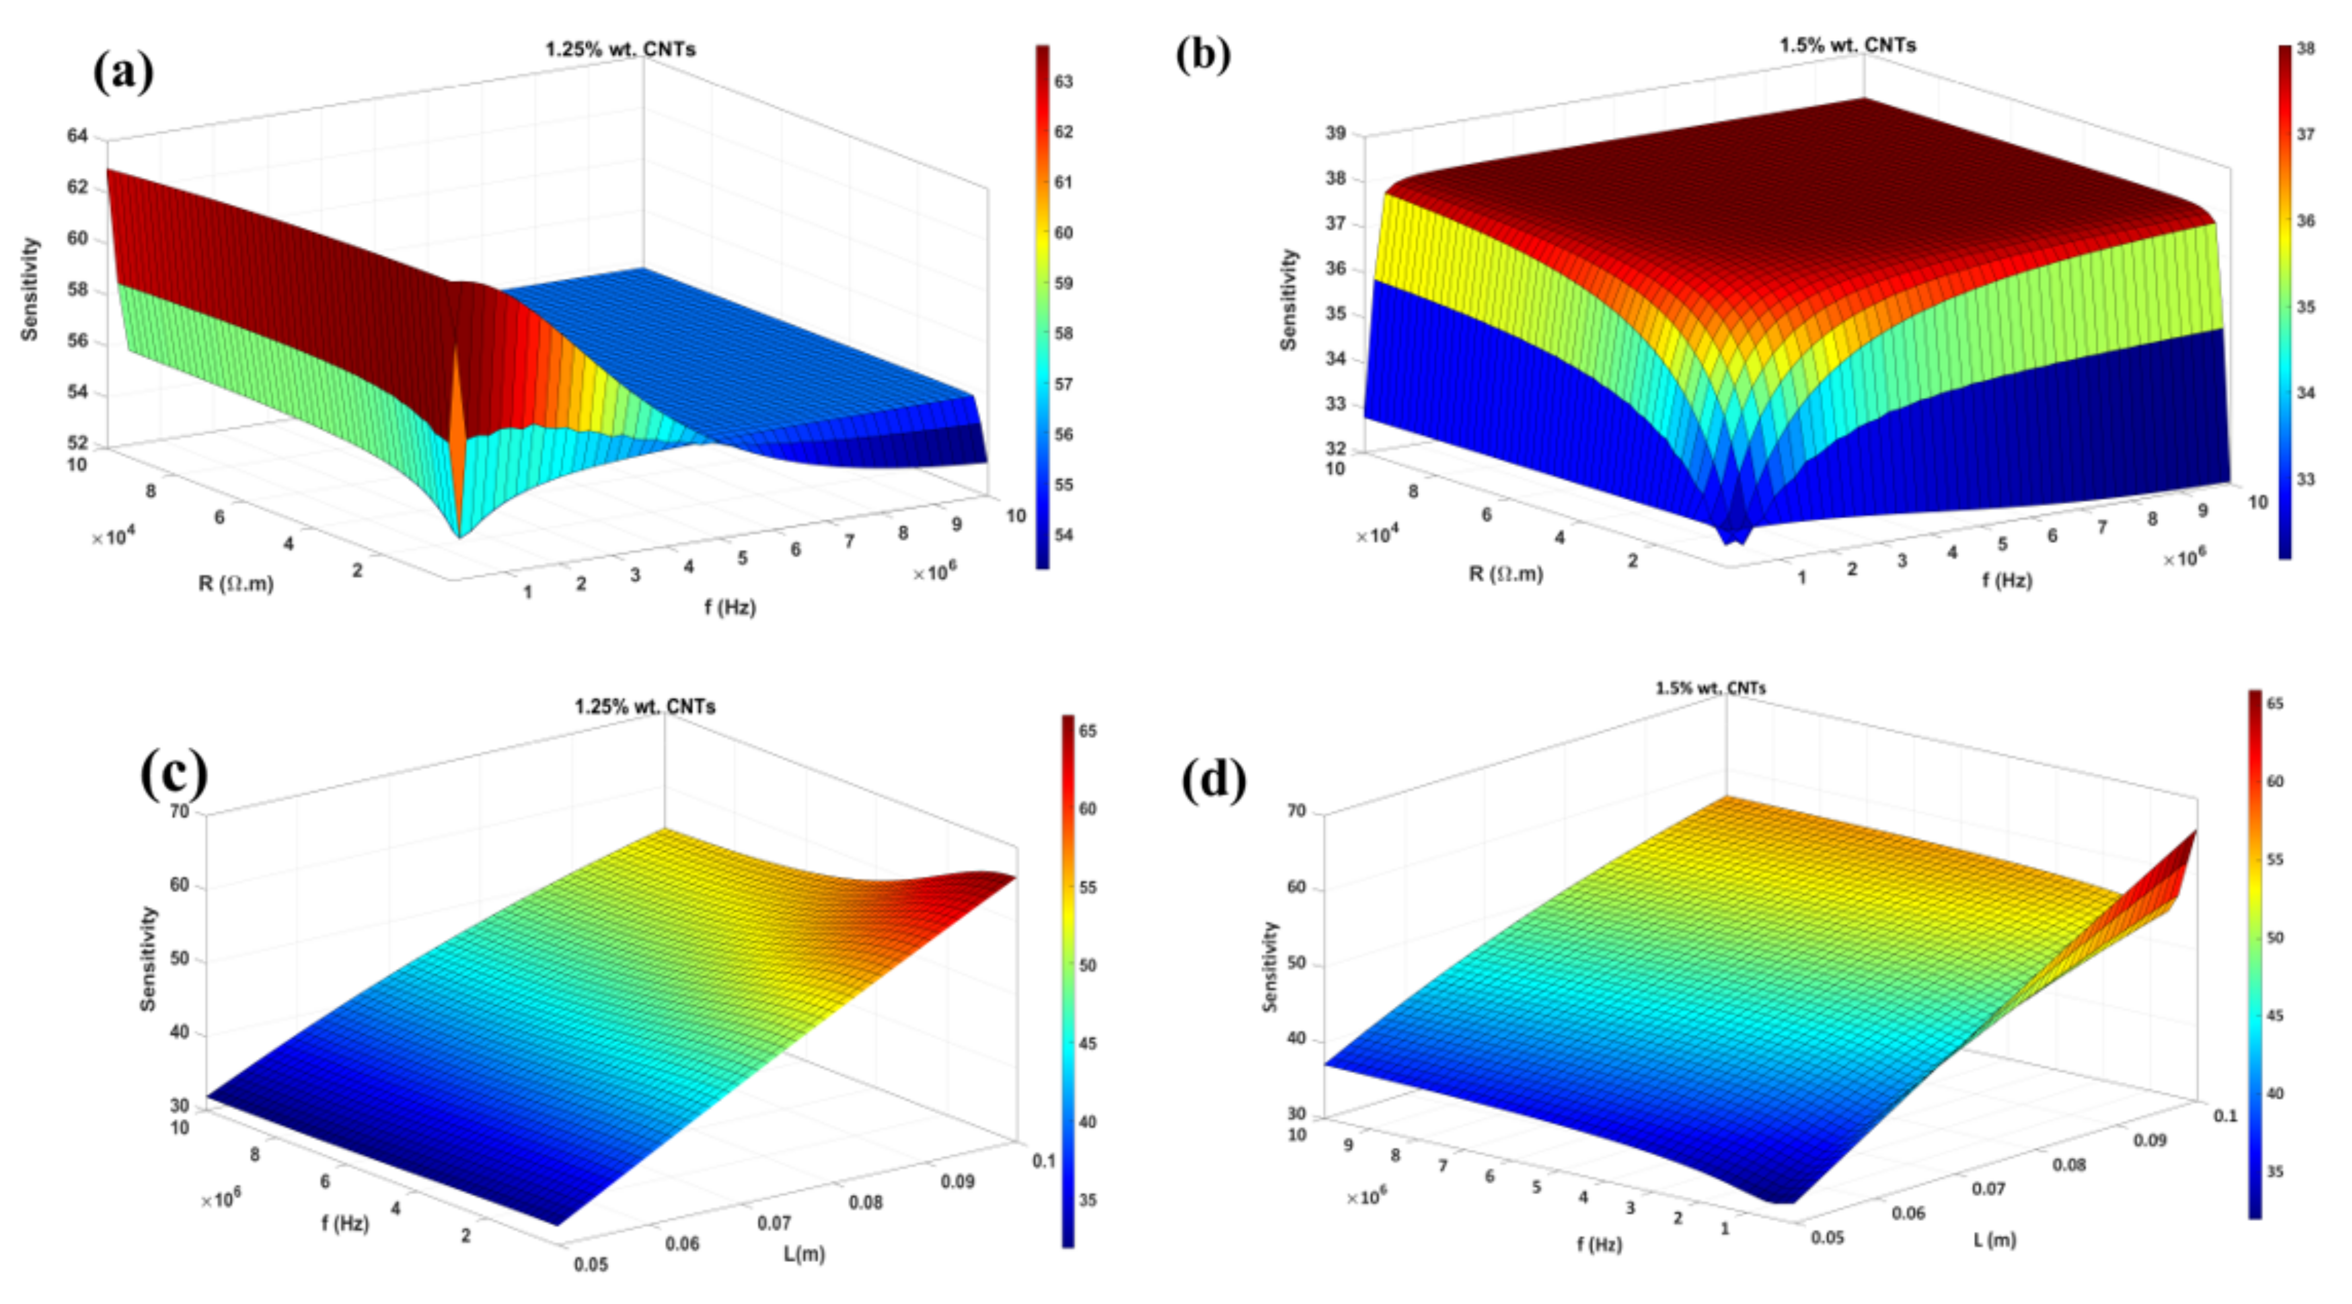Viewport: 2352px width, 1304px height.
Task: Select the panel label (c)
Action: [173, 774]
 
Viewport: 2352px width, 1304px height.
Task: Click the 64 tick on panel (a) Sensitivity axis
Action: [78, 136]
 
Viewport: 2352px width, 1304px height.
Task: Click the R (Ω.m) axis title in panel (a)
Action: [235, 582]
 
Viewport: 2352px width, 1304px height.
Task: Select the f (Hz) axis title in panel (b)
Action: [2007, 579]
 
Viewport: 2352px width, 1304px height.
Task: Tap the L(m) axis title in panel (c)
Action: [804, 1254]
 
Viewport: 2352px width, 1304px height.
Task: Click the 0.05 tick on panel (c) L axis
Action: [591, 1264]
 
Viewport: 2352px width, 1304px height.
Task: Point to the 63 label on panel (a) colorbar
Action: [1064, 82]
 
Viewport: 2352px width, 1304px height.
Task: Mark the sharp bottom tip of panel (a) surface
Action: [459, 536]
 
